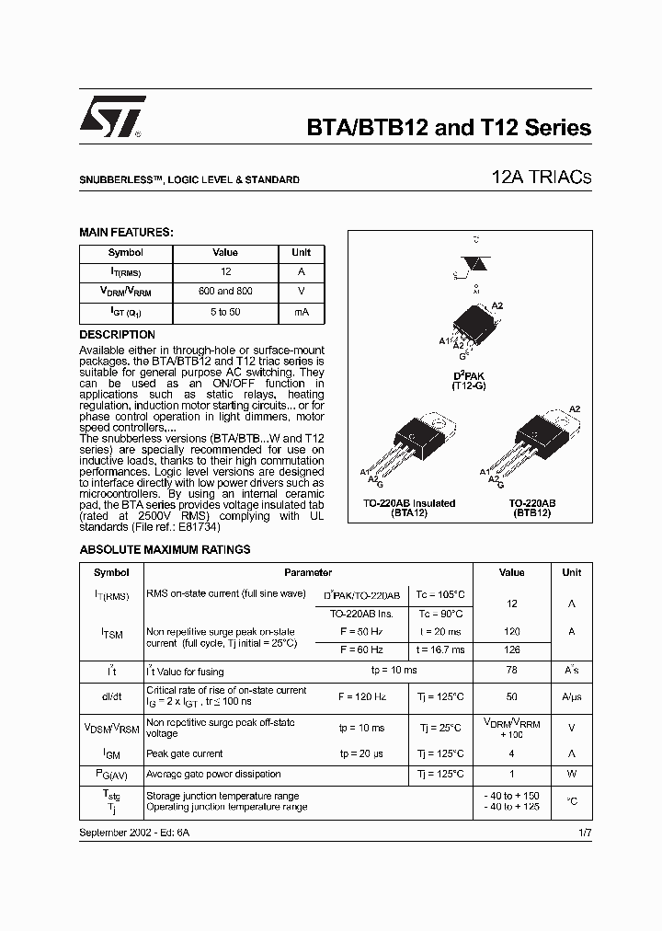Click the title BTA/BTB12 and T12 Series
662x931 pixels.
click(x=448, y=128)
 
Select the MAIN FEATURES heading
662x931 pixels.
click(x=126, y=233)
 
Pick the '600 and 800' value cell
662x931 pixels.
click(x=225, y=292)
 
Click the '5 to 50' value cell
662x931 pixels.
click(x=225, y=312)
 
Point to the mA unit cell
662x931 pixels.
click(x=302, y=312)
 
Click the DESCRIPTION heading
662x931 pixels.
click(x=117, y=335)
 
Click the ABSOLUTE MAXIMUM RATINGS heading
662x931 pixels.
click(x=165, y=549)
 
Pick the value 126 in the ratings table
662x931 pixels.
click(x=512, y=649)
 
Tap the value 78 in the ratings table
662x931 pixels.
click(x=512, y=671)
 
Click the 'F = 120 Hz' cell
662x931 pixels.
click(x=361, y=696)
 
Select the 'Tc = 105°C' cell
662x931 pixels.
click(x=442, y=595)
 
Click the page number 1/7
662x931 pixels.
click(x=585, y=832)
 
